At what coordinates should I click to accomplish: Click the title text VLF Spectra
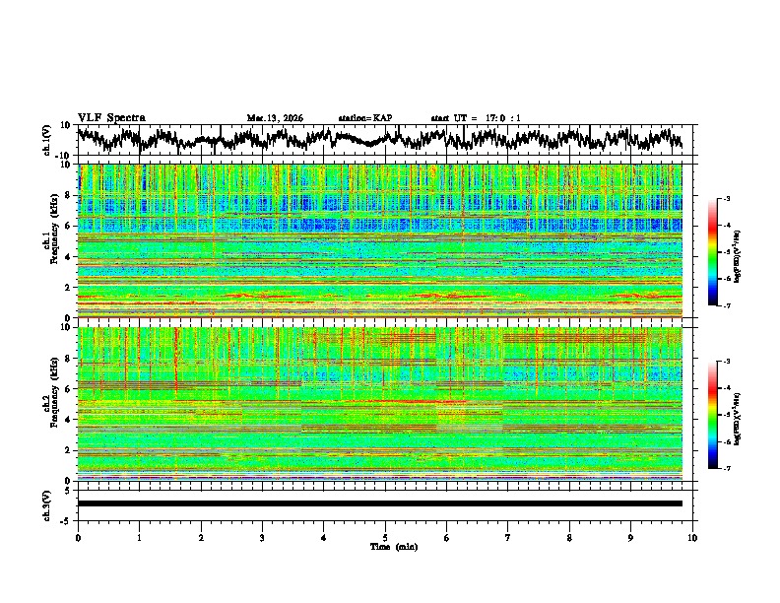111,117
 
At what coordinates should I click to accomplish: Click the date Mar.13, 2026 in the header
275,118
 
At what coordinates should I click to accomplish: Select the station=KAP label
364,118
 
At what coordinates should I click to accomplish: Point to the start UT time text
476,118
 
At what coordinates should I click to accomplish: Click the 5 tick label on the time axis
385,537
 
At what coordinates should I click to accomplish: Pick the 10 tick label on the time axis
692,537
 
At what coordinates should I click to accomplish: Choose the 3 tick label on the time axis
262,537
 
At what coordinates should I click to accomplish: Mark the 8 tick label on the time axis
569,537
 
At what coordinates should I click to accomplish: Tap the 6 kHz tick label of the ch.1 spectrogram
67,226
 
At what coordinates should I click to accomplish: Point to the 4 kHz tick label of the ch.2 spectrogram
67,419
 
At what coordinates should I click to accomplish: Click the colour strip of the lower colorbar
713,415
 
